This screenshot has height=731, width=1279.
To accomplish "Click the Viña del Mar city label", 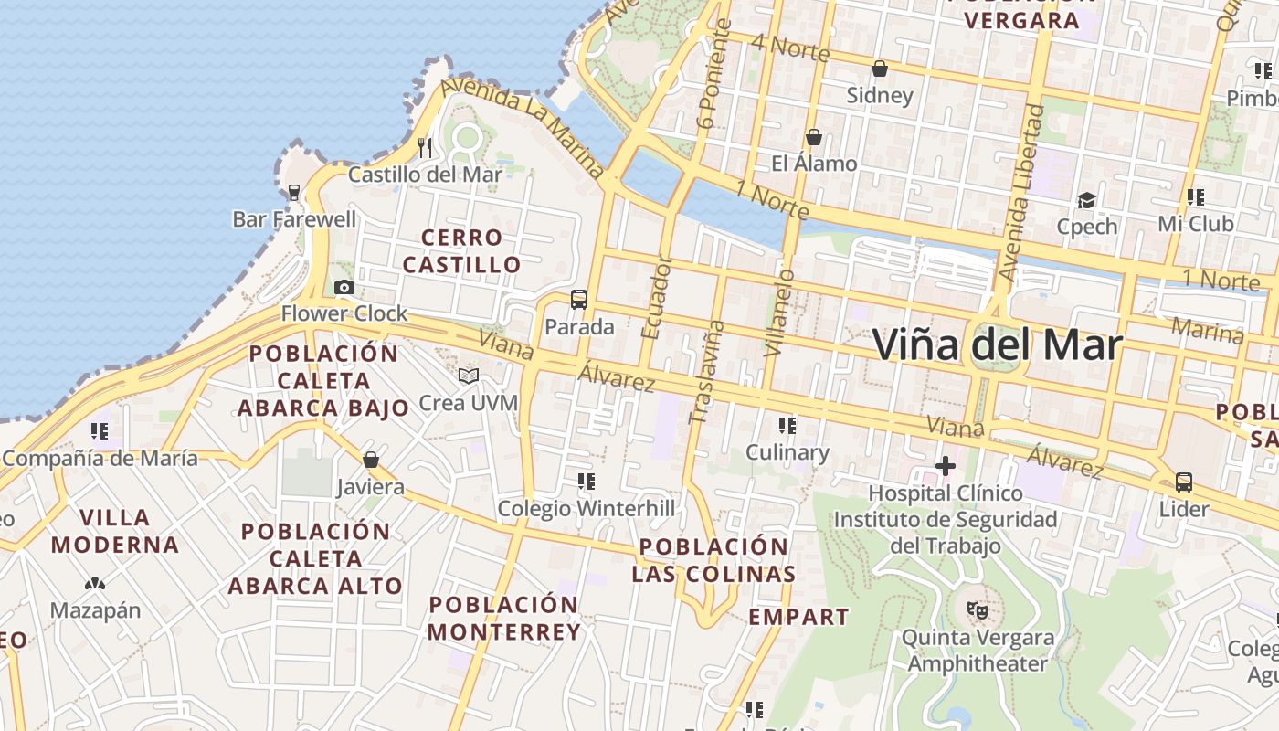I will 997,344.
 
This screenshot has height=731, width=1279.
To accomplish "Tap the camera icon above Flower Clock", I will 344,288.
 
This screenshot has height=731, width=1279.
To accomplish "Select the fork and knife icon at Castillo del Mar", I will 425,147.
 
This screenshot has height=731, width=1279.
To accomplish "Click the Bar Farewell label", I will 294,219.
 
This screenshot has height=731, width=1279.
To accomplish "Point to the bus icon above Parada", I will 579,300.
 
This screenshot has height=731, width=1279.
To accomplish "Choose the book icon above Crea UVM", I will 469,376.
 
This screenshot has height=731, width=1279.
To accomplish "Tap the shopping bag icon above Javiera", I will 371,460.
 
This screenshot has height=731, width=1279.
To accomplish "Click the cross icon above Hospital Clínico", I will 946,467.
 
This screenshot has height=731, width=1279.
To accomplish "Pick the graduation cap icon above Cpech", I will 1086,200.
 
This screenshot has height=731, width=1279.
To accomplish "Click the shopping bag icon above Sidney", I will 880,69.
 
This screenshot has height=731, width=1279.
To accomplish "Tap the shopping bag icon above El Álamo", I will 814,137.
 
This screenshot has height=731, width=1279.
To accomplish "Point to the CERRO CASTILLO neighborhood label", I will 462,251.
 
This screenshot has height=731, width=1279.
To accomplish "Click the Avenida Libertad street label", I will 1022,192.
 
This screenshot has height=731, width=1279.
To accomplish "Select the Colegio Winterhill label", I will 587,508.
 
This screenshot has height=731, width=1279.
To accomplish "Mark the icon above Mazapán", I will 95,583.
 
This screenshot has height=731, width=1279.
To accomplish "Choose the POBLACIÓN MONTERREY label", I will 503,618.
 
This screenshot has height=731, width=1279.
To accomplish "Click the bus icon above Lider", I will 1184,482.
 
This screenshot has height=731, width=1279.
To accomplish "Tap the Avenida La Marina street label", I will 523,125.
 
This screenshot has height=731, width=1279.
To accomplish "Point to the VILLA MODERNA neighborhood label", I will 115,531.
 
